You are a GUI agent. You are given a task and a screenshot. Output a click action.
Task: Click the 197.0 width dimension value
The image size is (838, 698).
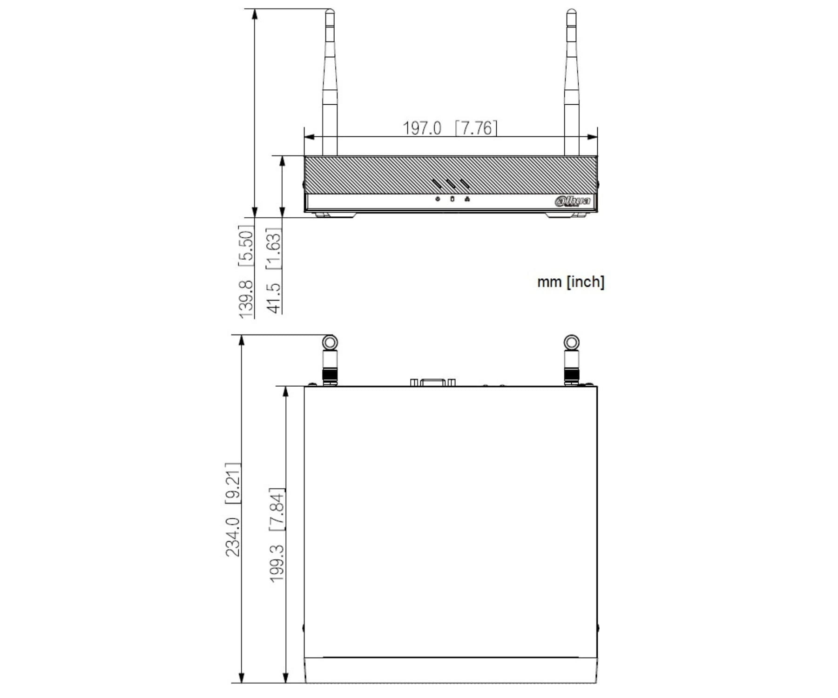pos(421,128)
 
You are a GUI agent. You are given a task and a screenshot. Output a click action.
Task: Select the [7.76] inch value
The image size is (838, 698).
pos(476,128)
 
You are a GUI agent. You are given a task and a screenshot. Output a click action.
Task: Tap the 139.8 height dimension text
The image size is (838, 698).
pos(246,299)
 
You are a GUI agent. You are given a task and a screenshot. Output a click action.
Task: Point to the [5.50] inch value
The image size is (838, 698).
pos(246,246)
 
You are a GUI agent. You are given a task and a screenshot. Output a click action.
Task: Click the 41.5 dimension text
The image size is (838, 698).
pos(274,298)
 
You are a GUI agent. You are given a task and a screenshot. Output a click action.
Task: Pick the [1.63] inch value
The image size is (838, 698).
pos(274,248)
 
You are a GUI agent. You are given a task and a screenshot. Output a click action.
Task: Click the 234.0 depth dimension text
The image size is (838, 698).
pos(232,537)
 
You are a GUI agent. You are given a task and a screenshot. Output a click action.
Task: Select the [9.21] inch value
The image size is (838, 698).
pos(232,483)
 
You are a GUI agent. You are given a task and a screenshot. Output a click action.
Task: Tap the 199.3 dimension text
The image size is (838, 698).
pos(277,563)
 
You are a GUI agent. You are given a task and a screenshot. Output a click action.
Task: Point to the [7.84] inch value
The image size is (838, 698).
pos(277,509)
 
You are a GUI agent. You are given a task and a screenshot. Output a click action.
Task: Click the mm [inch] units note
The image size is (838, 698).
pos(570,282)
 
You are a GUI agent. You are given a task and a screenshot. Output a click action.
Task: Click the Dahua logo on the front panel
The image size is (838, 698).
pos(572,201)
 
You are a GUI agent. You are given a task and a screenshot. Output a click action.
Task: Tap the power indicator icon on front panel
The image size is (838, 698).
pos(438,199)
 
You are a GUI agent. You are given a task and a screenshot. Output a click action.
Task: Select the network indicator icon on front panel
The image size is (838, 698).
pos(467,199)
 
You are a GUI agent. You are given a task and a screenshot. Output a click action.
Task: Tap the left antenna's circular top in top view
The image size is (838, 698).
pos(330,343)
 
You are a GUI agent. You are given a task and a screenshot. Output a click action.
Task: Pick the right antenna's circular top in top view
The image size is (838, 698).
pos(571,343)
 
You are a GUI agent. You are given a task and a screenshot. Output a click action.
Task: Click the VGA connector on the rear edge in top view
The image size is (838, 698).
pos(433,383)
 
